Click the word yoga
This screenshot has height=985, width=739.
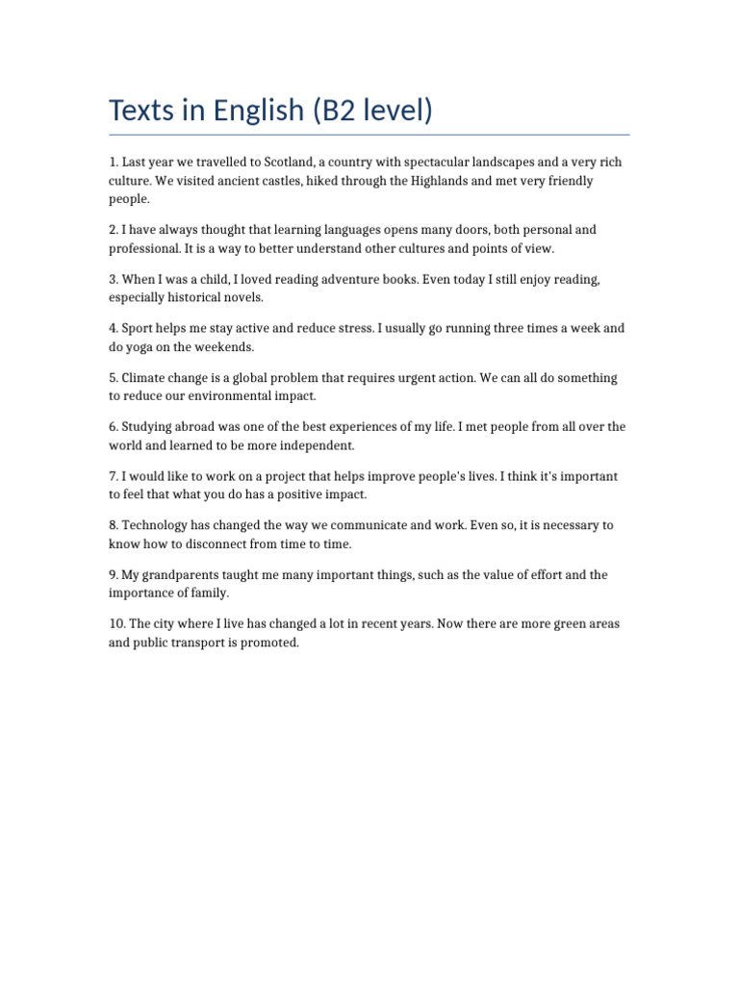coord(143,346)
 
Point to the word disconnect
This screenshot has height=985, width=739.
coord(219,543)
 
